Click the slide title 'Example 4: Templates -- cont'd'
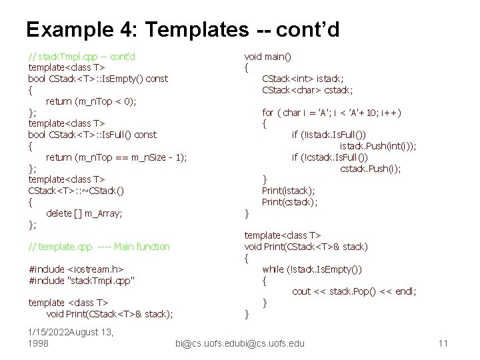tap(183, 29)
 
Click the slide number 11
tap(443, 343)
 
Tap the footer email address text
tap(239, 343)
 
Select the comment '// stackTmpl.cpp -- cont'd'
tap(82, 56)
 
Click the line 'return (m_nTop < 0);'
tap(91, 101)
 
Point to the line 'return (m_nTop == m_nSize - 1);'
tap(117, 157)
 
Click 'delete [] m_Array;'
tap(84, 213)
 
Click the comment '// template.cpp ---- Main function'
tap(99, 247)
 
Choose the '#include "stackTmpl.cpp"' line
tap(82, 281)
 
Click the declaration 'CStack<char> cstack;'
tap(307, 90)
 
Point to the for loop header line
tap(331, 113)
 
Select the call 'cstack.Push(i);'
tap(371, 169)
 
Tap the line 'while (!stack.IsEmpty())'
tap(312, 269)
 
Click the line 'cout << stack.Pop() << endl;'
tap(354, 291)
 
